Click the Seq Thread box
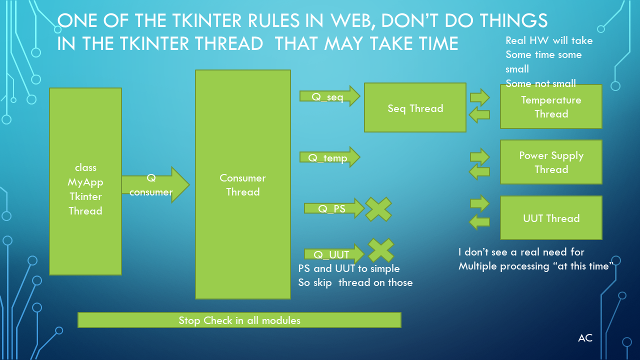[x=415, y=107]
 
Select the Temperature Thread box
[x=551, y=106]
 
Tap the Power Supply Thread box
[x=551, y=162]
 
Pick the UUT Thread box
[x=551, y=217]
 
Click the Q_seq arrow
[x=329, y=96]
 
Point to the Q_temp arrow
[x=329, y=157]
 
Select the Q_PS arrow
[x=334, y=208]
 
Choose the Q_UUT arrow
[x=334, y=253]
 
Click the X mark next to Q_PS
[x=378, y=209]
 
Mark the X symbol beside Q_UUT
[x=381, y=250]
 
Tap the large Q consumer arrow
[x=155, y=185]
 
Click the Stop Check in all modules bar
[x=239, y=320]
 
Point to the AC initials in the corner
[x=585, y=338]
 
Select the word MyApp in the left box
[x=85, y=182]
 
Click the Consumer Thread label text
[x=242, y=185]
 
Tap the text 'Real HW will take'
[x=549, y=40]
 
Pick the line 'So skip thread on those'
[x=355, y=282]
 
